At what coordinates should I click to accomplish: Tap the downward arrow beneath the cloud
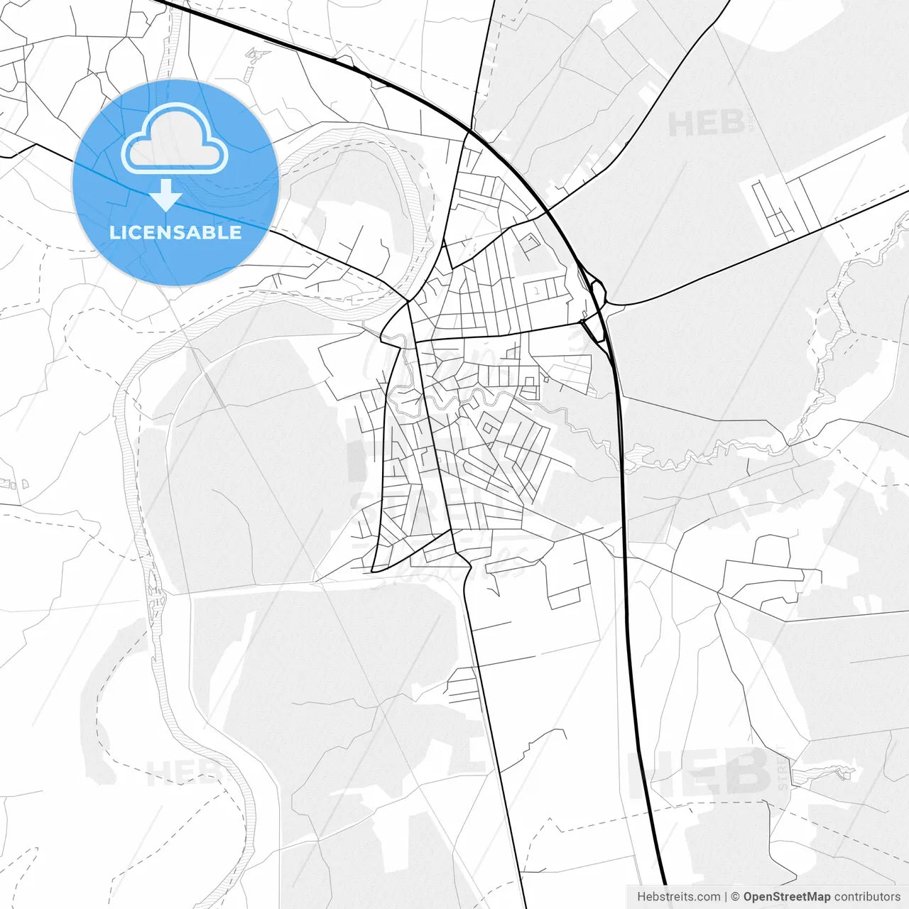166,195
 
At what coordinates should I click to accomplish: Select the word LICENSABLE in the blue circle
175,232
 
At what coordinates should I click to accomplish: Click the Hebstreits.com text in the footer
679,897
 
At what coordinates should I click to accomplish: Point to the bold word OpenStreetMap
786,897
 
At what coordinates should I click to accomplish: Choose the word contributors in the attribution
867,897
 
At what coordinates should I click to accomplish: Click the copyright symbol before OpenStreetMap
736,897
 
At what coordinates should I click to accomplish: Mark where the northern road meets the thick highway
469,131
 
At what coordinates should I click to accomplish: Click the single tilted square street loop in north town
530,244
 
